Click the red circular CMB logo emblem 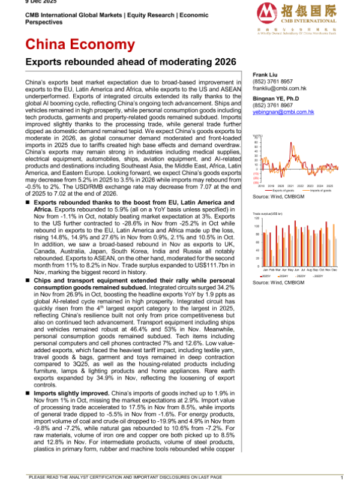pyautogui.click(x=268, y=13)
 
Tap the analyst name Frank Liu pyautogui.click(x=265, y=75)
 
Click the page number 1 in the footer pyautogui.click(x=341, y=476)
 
